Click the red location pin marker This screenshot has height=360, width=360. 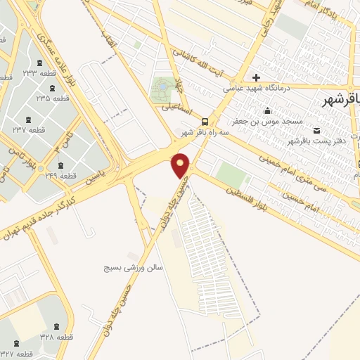pyautogui.click(x=181, y=165)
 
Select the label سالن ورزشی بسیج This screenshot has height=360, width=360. pyautogui.click(x=134, y=268)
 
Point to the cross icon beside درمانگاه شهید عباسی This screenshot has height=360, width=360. pyautogui.click(x=257, y=77)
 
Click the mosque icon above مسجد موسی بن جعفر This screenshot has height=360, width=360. pyautogui.click(x=267, y=110)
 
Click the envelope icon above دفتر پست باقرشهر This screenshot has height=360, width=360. pyautogui.click(x=316, y=130)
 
